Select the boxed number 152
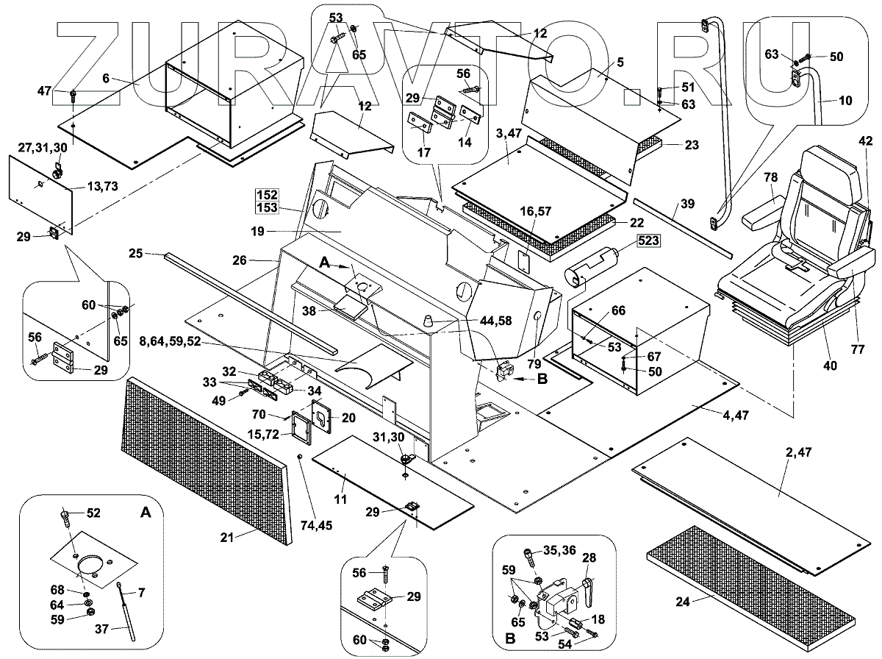pyautogui.click(x=267, y=195)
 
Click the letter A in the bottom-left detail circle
pyautogui.click(x=146, y=513)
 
